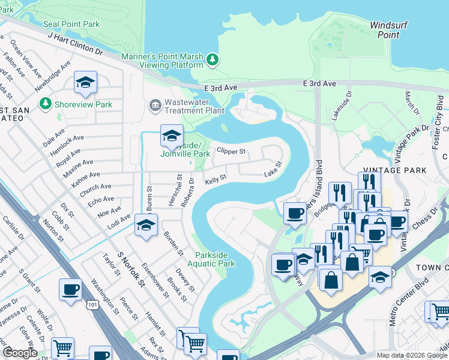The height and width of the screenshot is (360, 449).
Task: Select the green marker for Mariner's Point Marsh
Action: point(212,59)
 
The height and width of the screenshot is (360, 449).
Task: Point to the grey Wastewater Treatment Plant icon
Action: point(155,106)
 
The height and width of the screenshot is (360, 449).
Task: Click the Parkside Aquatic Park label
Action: point(211,258)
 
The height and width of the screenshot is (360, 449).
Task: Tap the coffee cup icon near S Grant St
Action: point(70,289)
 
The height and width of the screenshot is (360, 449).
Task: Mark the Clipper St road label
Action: point(231,151)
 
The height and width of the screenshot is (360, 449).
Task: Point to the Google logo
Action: point(20,353)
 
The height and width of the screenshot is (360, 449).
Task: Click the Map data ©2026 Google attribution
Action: point(411,355)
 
